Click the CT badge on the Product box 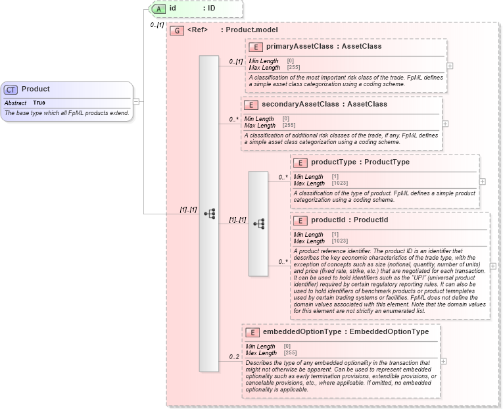tap(11, 89)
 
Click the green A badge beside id tap(158, 9)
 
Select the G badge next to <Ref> tap(177, 30)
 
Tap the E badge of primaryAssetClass tap(255, 47)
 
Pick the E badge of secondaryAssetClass tap(251, 105)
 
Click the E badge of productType tap(300, 162)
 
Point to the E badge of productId tap(300, 220)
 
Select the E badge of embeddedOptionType tap(252, 332)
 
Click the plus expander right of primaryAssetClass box tap(450, 66)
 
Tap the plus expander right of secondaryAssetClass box tap(445, 124)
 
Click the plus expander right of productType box tap(483, 181)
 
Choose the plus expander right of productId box tap(493, 266)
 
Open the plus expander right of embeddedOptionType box tap(443, 361)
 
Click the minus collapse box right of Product tap(136, 102)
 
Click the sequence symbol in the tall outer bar tap(209, 214)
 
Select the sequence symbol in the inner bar tap(258, 224)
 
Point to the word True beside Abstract tap(39, 103)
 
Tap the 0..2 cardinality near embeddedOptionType tap(233, 357)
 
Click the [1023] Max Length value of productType tap(340, 183)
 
